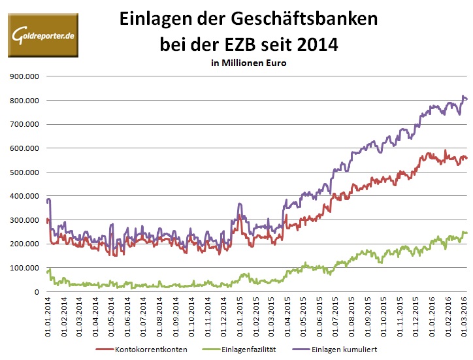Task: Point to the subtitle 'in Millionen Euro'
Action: (x=248, y=63)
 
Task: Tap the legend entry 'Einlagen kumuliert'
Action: (x=340, y=350)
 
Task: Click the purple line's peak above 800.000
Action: (x=463, y=97)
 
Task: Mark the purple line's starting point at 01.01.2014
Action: (x=47, y=201)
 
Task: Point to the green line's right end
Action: (x=466, y=233)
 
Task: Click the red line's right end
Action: (x=466, y=158)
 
